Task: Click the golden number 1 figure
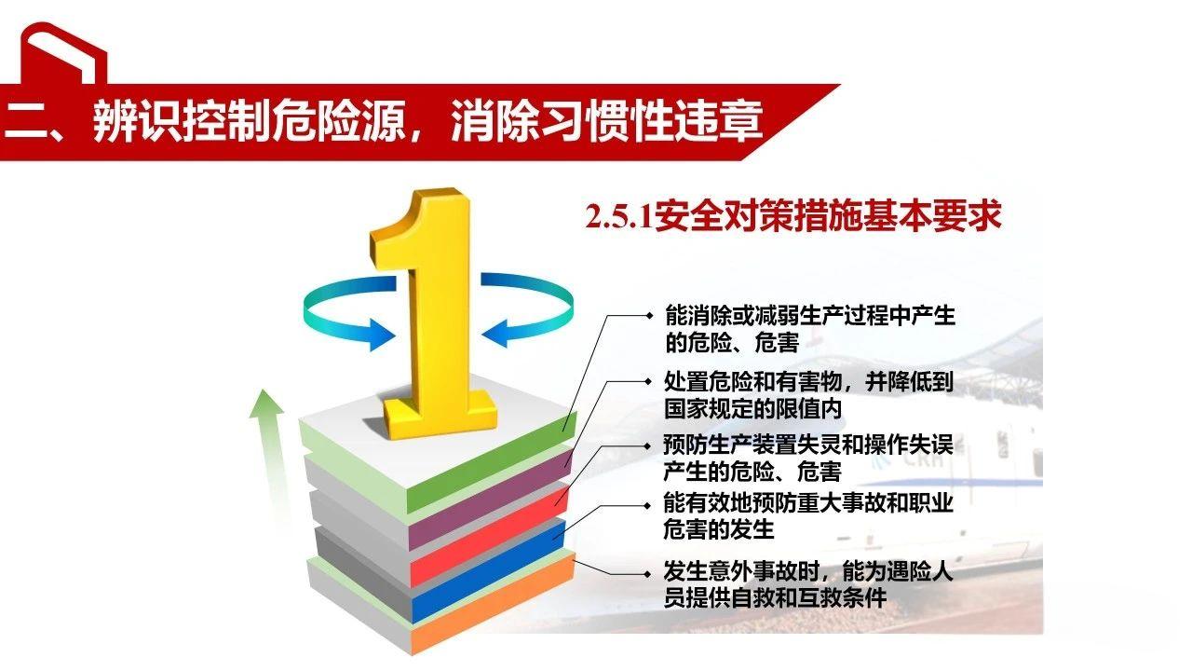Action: coord(430,308)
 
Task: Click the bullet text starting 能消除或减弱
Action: coord(808,329)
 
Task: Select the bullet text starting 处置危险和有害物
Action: coord(808,394)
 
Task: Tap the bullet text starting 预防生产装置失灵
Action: coord(808,457)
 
